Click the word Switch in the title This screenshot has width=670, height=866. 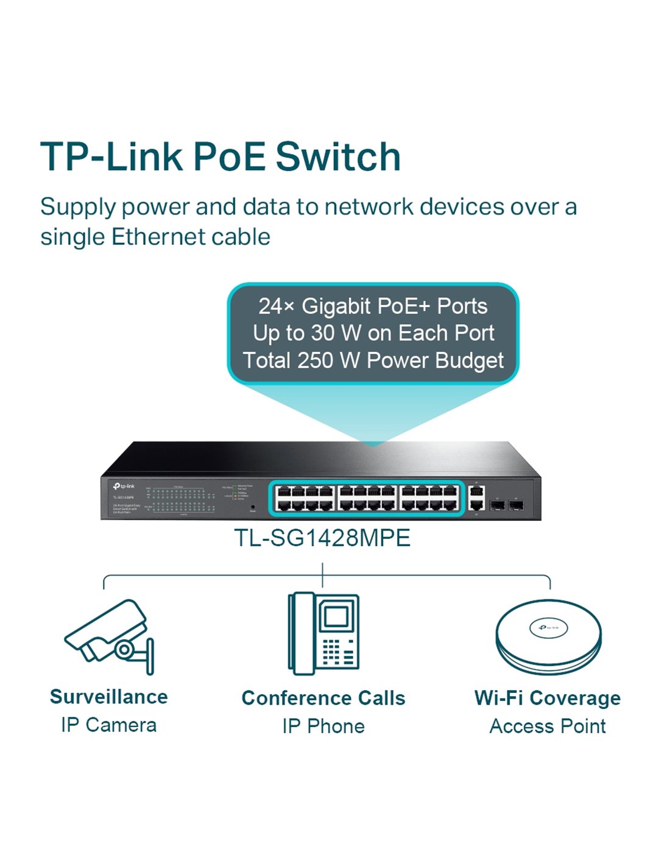point(338,157)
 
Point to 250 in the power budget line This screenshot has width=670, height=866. point(314,360)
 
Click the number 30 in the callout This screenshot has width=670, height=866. point(323,333)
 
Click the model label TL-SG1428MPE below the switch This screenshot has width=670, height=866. point(322,538)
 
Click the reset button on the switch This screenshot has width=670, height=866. point(253,506)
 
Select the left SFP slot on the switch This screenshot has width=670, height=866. point(497,505)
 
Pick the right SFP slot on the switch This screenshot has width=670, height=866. point(517,505)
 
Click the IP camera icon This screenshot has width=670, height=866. point(110,636)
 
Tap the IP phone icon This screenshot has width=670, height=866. point(323,633)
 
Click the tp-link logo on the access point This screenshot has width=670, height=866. point(548,627)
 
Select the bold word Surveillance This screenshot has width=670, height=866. point(109,697)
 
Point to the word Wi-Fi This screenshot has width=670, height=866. point(499,698)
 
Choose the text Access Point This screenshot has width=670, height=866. point(548,726)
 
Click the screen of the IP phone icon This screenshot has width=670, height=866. point(335,616)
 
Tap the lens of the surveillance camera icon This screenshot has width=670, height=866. point(124,649)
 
